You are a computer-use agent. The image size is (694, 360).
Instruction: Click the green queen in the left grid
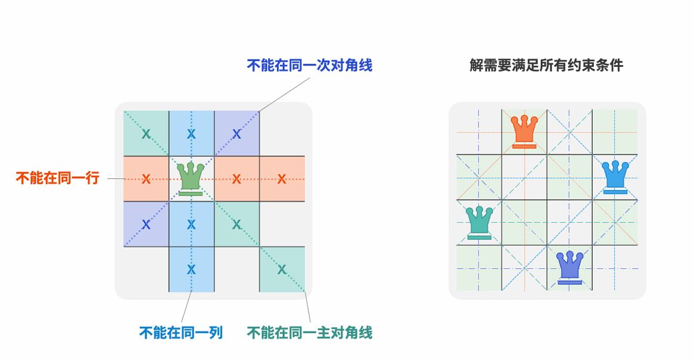point(191,178)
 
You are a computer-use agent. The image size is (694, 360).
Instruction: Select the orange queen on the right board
point(524,131)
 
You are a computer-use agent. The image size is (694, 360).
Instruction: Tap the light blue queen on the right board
point(615,176)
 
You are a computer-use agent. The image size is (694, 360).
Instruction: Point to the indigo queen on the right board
point(569,267)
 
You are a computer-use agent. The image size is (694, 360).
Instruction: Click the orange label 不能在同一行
point(57,178)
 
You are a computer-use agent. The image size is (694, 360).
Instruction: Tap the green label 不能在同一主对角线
point(310,333)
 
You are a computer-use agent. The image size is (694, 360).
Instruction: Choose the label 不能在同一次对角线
point(310,65)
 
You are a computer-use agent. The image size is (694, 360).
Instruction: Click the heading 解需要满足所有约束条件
point(546,65)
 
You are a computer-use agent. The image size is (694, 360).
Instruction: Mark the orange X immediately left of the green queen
point(146,179)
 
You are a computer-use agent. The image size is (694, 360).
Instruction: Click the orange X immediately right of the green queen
point(236,179)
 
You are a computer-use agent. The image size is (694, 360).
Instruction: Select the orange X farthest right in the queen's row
point(282,179)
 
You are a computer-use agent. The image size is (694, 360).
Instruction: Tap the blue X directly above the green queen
point(191,134)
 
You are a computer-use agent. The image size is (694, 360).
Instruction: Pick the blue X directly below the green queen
point(191,224)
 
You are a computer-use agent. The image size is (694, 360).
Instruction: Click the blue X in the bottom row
point(191,269)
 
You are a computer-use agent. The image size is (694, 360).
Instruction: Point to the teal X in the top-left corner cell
point(146,134)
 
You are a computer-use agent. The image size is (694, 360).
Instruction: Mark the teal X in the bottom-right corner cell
point(282,269)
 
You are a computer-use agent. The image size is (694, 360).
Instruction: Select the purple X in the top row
point(236,134)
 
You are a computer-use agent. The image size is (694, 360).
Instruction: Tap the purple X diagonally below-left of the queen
point(146,224)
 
